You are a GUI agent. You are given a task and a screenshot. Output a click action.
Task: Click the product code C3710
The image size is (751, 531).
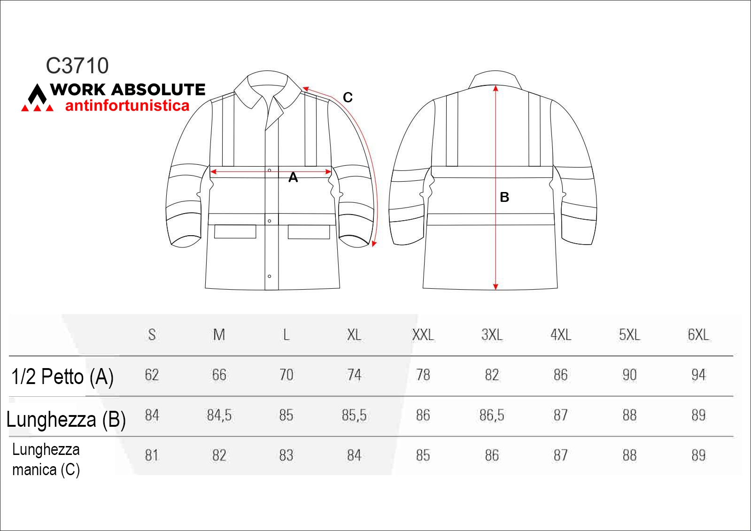(x=77, y=66)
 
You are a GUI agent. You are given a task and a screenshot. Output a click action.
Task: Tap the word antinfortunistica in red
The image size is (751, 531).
(x=127, y=106)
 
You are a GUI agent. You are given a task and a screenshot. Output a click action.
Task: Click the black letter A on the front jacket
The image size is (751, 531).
(x=293, y=177)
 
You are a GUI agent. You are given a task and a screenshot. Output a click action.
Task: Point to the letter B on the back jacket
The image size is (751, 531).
(x=504, y=197)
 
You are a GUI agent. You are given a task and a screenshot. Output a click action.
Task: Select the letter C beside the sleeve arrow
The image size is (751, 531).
(x=348, y=98)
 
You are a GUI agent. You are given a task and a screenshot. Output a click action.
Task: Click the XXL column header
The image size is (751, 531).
(x=423, y=335)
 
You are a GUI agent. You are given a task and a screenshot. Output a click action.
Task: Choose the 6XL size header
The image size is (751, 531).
(x=698, y=335)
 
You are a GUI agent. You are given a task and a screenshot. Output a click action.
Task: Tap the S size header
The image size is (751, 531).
(x=152, y=335)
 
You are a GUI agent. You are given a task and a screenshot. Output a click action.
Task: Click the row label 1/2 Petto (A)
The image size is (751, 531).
(x=62, y=377)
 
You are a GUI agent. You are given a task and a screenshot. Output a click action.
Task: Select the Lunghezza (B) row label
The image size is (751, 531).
(x=66, y=419)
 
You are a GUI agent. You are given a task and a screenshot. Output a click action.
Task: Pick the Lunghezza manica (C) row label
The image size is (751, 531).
(x=46, y=460)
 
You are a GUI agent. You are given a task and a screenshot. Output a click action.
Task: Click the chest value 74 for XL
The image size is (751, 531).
(x=354, y=375)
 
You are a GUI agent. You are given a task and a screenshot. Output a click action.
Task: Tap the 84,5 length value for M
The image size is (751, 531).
(x=219, y=416)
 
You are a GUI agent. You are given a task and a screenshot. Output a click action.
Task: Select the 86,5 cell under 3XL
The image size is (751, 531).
(x=492, y=416)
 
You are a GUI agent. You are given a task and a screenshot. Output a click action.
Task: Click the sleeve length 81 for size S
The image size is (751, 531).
(x=152, y=455)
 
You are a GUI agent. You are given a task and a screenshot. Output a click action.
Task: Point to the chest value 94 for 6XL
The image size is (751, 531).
(x=698, y=375)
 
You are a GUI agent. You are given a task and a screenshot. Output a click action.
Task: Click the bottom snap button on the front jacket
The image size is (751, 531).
(x=270, y=276)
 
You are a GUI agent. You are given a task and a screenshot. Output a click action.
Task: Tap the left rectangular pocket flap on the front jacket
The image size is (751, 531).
(x=235, y=231)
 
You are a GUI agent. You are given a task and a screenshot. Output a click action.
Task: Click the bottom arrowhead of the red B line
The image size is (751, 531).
(x=496, y=287)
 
